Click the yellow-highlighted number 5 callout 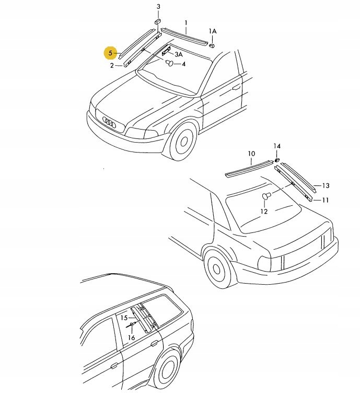pyautogui.click(x=110, y=53)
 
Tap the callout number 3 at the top pyautogui.click(x=158, y=7)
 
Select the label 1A pyautogui.click(x=213, y=31)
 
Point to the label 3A pyautogui.click(x=179, y=54)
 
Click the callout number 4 pyautogui.click(x=184, y=64)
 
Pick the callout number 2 pyautogui.click(x=112, y=66)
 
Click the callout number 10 pyautogui.click(x=251, y=154)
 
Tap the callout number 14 pyautogui.click(x=277, y=146)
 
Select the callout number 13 pyautogui.click(x=326, y=186)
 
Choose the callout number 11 pyautogui.click(x=325, y=200)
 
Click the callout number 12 pyautogui.click(x=264, y=212)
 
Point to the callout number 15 pyautogui.click(x=124, y=318)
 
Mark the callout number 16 pyautogui.click(x=131, y=338)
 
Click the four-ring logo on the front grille pyautogui.click(x=109, y=122)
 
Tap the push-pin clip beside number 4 pyautogui.click(x=170, y=63)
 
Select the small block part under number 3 pyautogui.click(x=158, y=21)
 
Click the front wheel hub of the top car pyautogui.click(x=184, y=141)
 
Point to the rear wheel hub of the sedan pyautogui.click(x=216, y=268)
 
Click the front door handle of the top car pyautogui.click(x=237, y=88)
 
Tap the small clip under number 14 pyautogui.click(x=277, y=159)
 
